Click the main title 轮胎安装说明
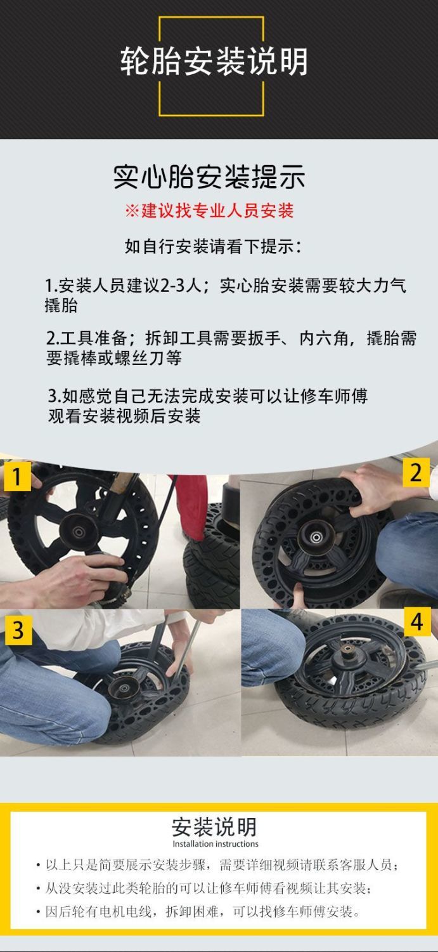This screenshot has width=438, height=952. (214, 62)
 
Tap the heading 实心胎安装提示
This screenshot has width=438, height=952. (209, 176)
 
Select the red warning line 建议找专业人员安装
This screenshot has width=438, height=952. (209, 210)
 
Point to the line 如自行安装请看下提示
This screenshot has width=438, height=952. (213, 246)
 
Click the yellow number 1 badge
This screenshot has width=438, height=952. (17, 477)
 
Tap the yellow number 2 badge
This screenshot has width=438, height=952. (416, 472)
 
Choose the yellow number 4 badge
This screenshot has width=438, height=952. (417, 622)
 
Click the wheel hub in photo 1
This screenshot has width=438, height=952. (79, 531)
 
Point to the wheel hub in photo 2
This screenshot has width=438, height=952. (316, 537)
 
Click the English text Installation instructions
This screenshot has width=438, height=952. (215, 843)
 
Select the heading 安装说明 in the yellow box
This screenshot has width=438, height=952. (214, 827)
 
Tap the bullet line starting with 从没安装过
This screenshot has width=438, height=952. (203, 888)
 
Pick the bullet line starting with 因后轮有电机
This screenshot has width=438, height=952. (198, 911)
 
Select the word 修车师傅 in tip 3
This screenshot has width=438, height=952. (334, 396)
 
